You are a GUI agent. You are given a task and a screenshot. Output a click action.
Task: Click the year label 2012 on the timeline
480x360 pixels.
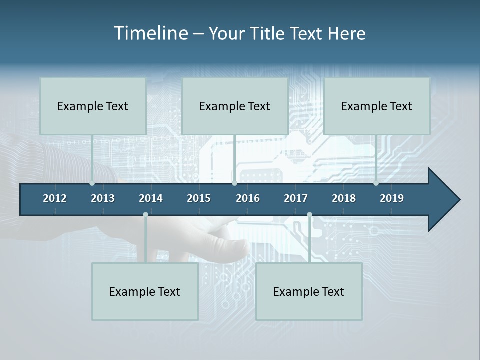(x=55, y=198)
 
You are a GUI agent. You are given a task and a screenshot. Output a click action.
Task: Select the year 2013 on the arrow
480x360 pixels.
(x=103, y=198)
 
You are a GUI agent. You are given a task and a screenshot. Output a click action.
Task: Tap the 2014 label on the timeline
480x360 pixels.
(x=151, y=198)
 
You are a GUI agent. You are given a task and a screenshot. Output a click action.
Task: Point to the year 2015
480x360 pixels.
(x=199, y=198)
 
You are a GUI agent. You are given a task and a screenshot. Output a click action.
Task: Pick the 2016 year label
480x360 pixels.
(x=248, y=198)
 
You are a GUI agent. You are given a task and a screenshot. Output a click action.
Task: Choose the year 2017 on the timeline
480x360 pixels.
(x=296, y=198)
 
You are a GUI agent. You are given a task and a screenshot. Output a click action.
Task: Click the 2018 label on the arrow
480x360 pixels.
(x=344, y=198)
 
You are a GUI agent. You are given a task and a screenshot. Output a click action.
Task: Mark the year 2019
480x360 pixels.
(x=392, y=198)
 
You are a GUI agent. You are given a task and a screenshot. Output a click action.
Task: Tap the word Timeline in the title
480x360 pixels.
(x=150, y=33)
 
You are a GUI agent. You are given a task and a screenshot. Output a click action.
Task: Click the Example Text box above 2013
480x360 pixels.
(x=93, y=106)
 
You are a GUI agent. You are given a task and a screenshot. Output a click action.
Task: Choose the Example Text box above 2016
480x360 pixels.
(x=235, y=106)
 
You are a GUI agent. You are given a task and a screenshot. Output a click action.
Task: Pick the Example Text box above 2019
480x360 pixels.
(x=377, y=106)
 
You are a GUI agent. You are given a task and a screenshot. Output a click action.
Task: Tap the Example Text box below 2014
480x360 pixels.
(x=145, y=291)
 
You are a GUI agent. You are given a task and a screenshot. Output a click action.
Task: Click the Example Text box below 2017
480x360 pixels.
(x=309, y=291)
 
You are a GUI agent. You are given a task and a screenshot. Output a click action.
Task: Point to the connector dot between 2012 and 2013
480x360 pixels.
(x=92, y=183)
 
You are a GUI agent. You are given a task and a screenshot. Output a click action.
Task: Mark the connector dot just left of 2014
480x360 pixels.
(x=145, y=214)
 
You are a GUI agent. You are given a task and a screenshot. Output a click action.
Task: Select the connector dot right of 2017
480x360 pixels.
(x=309, y=214)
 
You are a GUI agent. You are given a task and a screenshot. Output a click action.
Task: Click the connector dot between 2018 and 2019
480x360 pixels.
(x=376, y=183)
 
